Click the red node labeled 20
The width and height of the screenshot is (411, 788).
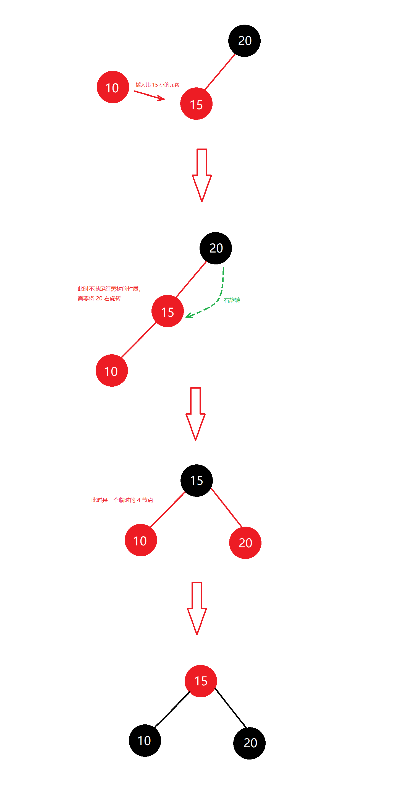tap(245, 543)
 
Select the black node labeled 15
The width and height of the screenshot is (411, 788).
tap(197, 480)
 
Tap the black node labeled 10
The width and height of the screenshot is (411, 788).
tap(145, 740)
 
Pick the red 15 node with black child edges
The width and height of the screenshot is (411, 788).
tap(201, 681)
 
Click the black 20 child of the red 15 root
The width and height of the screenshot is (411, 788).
tap(249, 743)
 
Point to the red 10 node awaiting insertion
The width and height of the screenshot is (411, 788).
tap(113, 87)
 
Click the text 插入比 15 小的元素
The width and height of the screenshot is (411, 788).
tap(157, 85)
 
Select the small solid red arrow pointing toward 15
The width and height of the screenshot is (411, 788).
tap(150, 95)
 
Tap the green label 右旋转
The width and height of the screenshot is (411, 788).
tap(232, 300)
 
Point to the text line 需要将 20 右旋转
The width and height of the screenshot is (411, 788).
tap(99, 298)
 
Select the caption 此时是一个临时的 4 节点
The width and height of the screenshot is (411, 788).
tap(122, 500)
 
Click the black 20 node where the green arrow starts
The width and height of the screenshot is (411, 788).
tap(216, 248)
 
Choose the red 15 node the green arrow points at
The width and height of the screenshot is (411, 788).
tap(167, 311)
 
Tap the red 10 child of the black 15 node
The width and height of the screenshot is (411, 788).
tap(141, 540)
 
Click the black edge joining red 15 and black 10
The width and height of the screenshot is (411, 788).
tap(172, 709)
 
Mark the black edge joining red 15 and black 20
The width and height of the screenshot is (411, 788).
tap(231, 708)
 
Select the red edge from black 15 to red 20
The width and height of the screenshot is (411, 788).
tap(226, 507)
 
